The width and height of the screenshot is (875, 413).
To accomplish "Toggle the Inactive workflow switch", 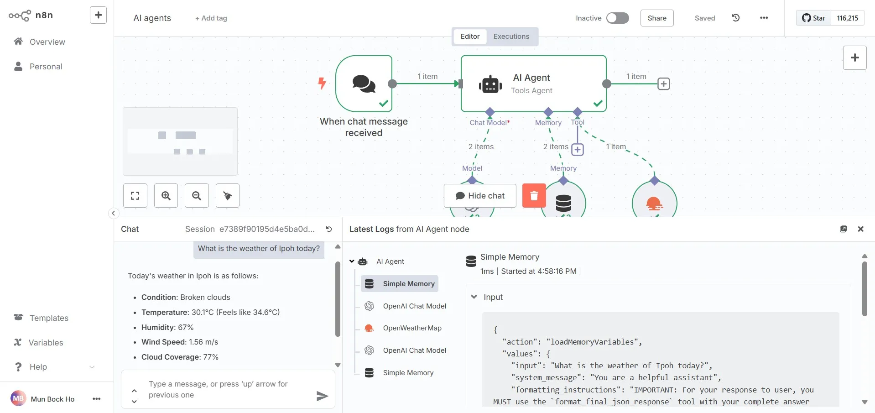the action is [617, 18].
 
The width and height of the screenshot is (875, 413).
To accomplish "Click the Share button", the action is [657, 18].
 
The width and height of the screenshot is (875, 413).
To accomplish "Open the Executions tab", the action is [511, 37].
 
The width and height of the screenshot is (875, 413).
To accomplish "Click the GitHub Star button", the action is [814, 18].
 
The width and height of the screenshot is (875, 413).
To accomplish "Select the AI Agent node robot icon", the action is [490, 84].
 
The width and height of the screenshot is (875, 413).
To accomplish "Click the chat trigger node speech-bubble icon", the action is [364, 84].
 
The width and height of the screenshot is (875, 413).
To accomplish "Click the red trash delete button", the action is [534, 195].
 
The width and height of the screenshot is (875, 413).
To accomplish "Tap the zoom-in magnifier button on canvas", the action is [166, 196].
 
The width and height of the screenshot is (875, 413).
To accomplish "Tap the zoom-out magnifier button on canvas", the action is [197, 196].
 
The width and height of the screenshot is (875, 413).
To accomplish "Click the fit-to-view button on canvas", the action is [135, 196].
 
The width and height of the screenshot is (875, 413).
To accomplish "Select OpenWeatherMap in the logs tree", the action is [412, 328].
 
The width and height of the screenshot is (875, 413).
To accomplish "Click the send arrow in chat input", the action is [322, 396].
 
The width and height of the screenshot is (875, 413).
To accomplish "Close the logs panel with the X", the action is [861, 229].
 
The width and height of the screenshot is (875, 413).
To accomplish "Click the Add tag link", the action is [211, 18].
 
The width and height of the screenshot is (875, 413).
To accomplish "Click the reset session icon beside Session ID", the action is [329, 229].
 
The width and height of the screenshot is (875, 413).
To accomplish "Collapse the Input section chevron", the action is [474, 297].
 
